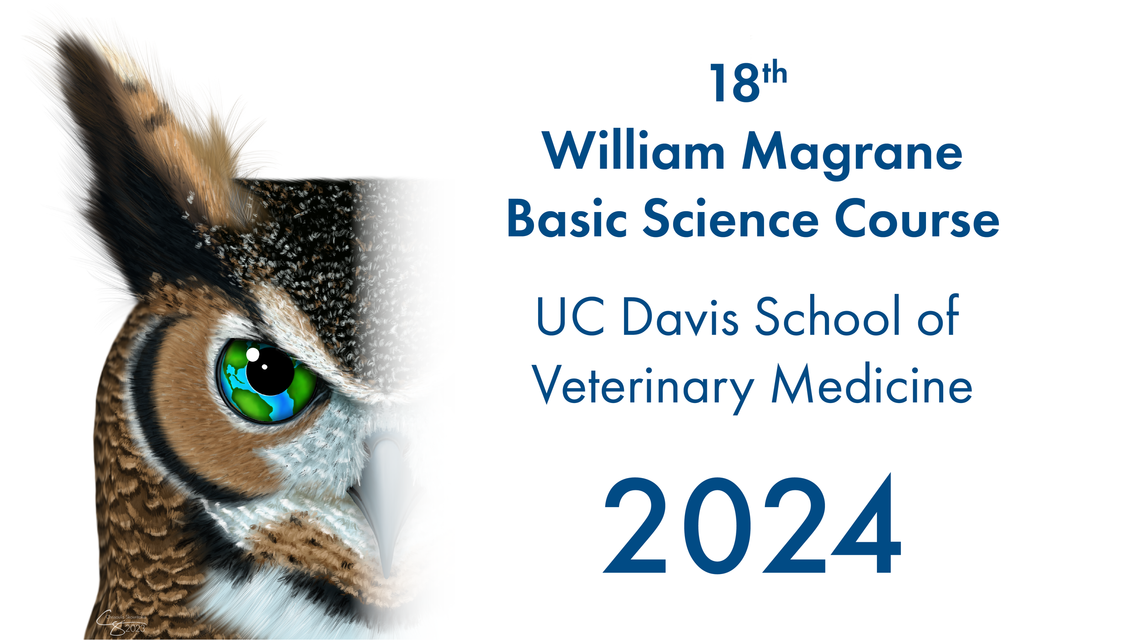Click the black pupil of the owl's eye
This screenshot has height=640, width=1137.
[270, 371]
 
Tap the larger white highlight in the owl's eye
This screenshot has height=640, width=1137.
[252, 354]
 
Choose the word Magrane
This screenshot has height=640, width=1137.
[852, 155]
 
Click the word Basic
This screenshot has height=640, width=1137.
[567, 219]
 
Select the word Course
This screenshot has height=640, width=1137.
[917, 219]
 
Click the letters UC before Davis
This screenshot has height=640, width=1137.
[570, 317]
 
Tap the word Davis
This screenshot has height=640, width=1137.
[680, 317]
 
